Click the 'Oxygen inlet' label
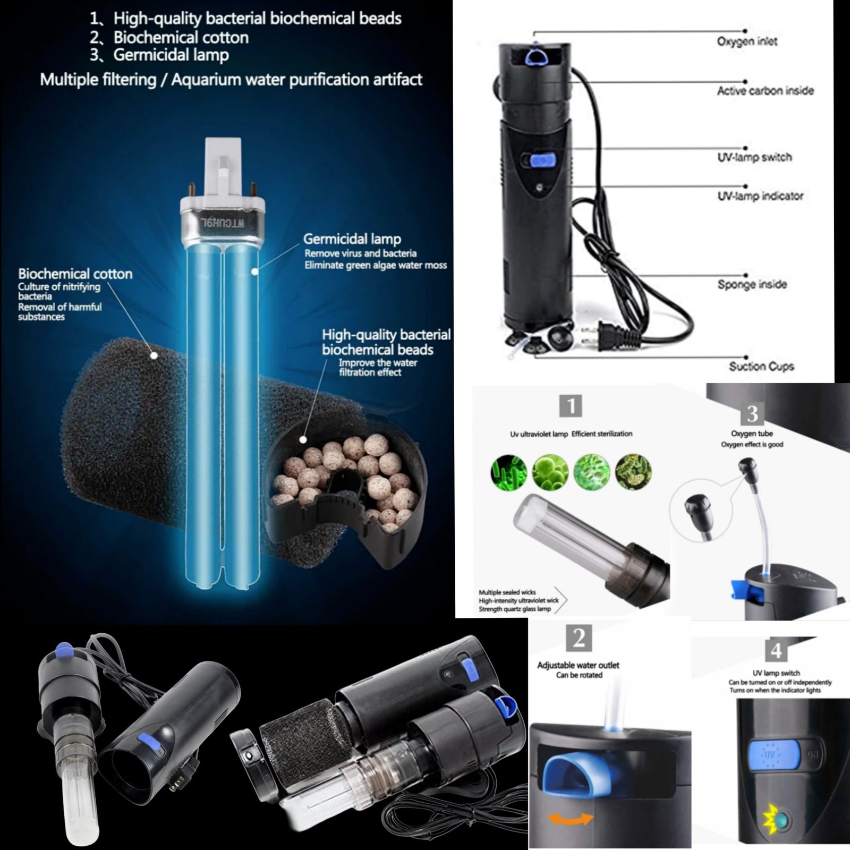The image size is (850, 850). coord(747,41)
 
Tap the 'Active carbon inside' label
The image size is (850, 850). coord(766,91)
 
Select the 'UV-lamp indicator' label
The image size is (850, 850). coord(760,196)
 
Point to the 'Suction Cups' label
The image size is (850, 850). coord(761,366)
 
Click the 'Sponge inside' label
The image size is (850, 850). coord(752,284)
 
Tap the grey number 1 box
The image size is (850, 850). coord(571,406)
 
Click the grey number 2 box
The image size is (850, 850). coord(579,638)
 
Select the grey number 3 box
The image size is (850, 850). coord(752,412)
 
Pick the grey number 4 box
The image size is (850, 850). coord(776,650)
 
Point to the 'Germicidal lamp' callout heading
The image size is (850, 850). coord(352,239)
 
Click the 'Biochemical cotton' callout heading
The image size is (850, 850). coord(75,274)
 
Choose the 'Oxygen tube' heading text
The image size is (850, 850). coord(752,433)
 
